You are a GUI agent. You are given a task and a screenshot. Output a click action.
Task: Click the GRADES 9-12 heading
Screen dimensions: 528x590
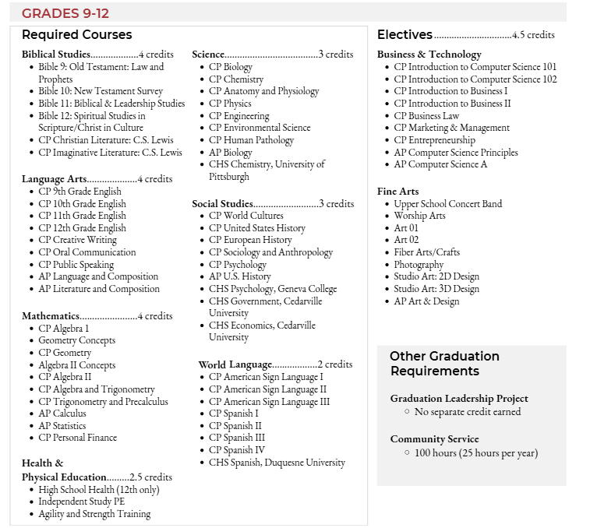point(65,14)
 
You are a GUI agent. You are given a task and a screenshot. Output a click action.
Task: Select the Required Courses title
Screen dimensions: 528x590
point(76,35)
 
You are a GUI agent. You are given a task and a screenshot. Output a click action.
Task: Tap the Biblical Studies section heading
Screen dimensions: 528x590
point(56,55)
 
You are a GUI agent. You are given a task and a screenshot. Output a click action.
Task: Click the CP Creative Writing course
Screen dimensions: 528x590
point(77,240)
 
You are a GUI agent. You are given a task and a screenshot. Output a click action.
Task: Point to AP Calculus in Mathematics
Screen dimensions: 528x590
point(62,414)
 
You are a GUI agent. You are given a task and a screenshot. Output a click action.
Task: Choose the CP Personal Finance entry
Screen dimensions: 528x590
point(77,438)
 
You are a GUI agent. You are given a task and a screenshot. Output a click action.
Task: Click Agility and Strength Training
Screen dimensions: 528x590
point(94,514)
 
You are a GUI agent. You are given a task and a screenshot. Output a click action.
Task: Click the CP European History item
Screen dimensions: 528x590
point(250,240)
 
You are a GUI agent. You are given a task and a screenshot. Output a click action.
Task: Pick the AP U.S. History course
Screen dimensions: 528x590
point(239,276)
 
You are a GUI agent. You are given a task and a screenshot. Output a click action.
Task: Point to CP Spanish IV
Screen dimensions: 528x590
point(237,450)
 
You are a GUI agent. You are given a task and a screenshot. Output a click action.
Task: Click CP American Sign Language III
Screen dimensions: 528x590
point(269,402)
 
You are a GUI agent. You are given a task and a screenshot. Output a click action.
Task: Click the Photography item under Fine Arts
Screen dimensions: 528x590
point(419,265)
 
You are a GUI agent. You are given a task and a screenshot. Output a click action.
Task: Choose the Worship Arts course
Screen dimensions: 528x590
point(419,216)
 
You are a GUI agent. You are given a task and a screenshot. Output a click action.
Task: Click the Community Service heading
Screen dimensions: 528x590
point(434,439)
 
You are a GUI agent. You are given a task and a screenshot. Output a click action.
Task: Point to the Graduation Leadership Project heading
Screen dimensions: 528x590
point(459,399)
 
